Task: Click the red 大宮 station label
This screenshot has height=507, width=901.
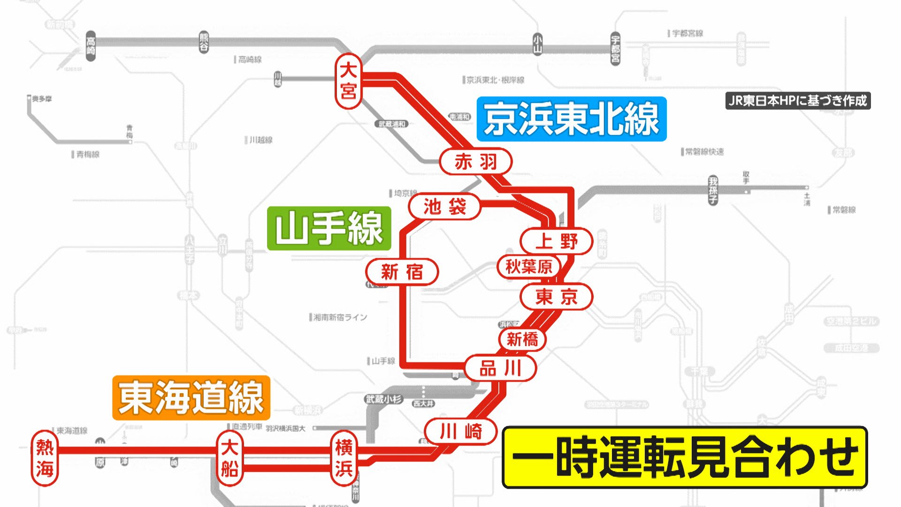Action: (348, 81)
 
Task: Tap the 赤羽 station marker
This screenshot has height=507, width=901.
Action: (475, 162)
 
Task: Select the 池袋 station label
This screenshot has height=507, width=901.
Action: (444, 207)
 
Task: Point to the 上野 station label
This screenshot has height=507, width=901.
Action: (557, 241)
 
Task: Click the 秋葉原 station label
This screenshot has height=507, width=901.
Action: (529, 267)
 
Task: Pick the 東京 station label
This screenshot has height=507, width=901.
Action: (557, 297)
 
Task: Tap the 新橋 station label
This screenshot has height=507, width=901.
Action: (522, 339)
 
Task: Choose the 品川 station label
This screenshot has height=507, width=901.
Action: (500, 369)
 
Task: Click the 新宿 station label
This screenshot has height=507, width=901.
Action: (402, 272)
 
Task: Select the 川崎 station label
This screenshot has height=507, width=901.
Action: (460, 431)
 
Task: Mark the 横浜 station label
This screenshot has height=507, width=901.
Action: (344, 458)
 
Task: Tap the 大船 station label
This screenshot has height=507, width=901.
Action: (229, 458)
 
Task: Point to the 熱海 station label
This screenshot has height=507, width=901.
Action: (45, 458)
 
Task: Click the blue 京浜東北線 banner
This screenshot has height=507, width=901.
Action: (572, 119)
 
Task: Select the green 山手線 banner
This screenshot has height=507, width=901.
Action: (329, 228)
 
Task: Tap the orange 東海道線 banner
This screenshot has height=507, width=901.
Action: (191, 398)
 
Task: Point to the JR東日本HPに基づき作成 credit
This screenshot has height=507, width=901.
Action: (798, 100)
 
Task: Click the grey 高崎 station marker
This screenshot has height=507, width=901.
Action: (91, 46)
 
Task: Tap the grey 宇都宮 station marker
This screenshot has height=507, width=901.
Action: (615, 49)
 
